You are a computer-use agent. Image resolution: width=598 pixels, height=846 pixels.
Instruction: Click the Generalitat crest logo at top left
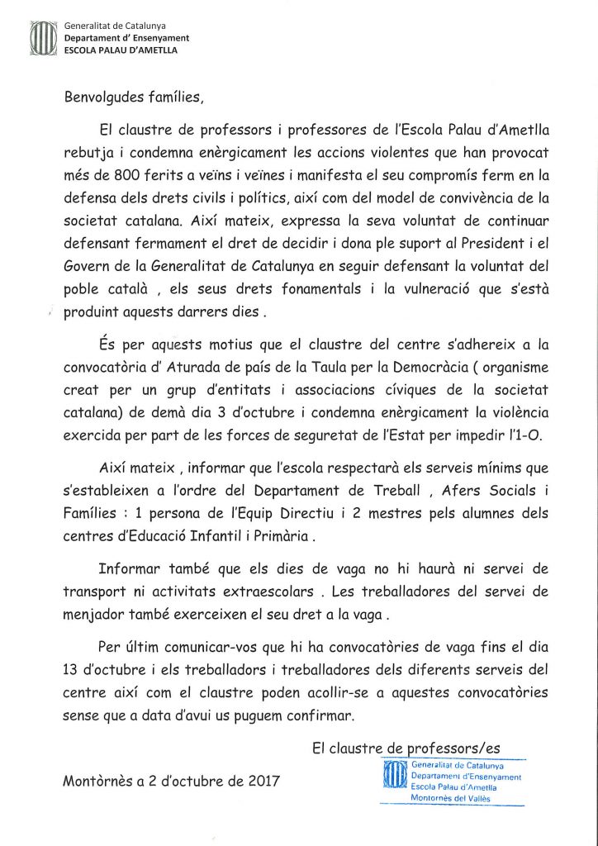45,38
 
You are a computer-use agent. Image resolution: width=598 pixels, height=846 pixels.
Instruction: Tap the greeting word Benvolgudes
105,97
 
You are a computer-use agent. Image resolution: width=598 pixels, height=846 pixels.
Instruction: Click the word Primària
277,536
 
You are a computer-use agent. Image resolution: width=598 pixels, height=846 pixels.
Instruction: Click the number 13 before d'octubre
73,670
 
